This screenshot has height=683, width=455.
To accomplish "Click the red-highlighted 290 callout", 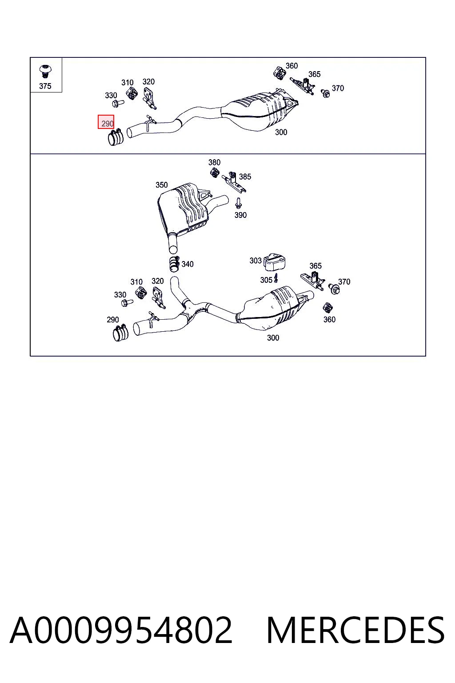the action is pyautogui.click(x=106, y=122).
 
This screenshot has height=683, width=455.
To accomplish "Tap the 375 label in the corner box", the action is pyautogui.click(x=45, y=86).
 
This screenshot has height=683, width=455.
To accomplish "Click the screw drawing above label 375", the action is pyautogui.click(x=45, y=72).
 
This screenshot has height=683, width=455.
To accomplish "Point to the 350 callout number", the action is pyautogui.click(x=162, y=185).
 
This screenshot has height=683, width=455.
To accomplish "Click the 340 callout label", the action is pyautogui.click(x=188, y=264).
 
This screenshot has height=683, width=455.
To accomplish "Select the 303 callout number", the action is pyautogui.click(x=255, y=261).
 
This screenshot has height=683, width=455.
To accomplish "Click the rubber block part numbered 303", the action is pyautogui.click(x=274, y=261).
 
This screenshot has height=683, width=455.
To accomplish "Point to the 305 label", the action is pyautogui.click(x=266, y=280).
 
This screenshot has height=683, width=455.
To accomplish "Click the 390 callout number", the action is pyautogui.click(x=240, y=215).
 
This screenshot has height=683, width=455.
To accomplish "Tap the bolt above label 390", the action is pyautogui.click(x=238, y=203).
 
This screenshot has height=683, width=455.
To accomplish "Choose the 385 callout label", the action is pyautogui.click(x=245, y=177).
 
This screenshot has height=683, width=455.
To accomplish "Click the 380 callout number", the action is pyautogui.click(x=214, y=162).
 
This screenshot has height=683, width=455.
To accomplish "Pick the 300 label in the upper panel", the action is pyautogui.click(x=281, y=132).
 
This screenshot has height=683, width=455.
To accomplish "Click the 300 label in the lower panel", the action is pyautogui.click(x=273, y=337).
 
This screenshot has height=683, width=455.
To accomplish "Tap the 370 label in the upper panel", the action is pyautogui.click(x=338, y=88).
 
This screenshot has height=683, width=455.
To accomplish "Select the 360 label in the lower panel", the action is pyautogui.click(x=329, y=319).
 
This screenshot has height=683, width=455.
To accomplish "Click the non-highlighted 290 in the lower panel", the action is pyautogui.click(x=113, y=320).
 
